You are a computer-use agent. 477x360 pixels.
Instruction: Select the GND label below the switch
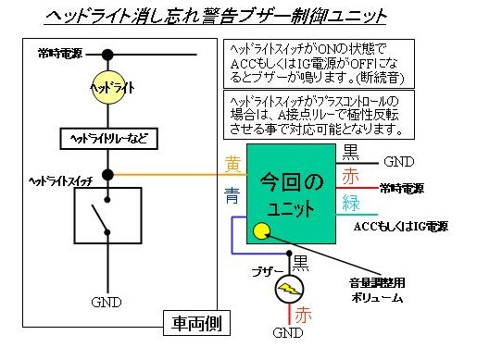point(107,302)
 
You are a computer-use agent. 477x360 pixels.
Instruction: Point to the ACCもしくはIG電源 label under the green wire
point(402,225)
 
